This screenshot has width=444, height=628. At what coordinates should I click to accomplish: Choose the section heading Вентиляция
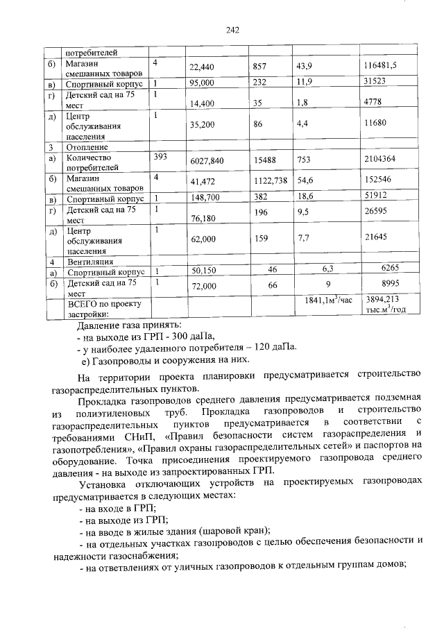click(x=89, y=262)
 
